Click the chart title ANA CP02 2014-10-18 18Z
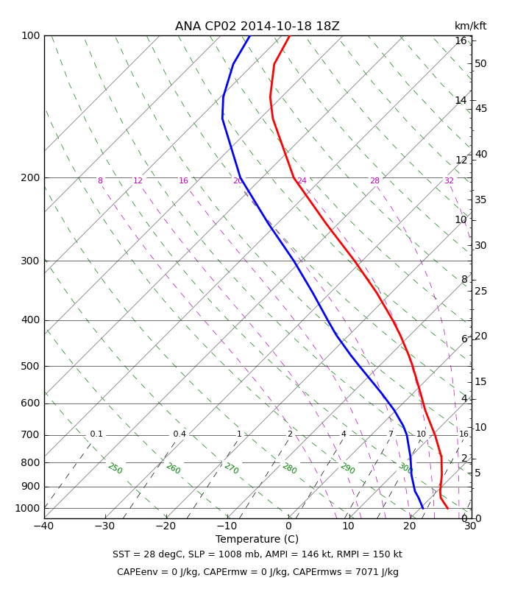[257, 27]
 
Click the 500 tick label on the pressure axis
[30, 366]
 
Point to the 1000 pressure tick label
[27, 508]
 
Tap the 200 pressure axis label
[30, 177]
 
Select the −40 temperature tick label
[44, 526]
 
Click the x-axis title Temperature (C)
[257, 539]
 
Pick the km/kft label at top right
[470, 26]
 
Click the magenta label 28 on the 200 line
[374, 180]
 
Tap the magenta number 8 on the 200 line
[100, 180]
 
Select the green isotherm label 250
[116, 468]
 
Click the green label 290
[347, 468]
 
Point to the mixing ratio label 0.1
[96, 434]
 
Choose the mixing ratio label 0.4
[180, 434]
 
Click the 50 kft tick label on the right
[480, 63]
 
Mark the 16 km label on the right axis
[461, 40]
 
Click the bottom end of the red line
[448, 508]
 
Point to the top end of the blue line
[250, 35]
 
